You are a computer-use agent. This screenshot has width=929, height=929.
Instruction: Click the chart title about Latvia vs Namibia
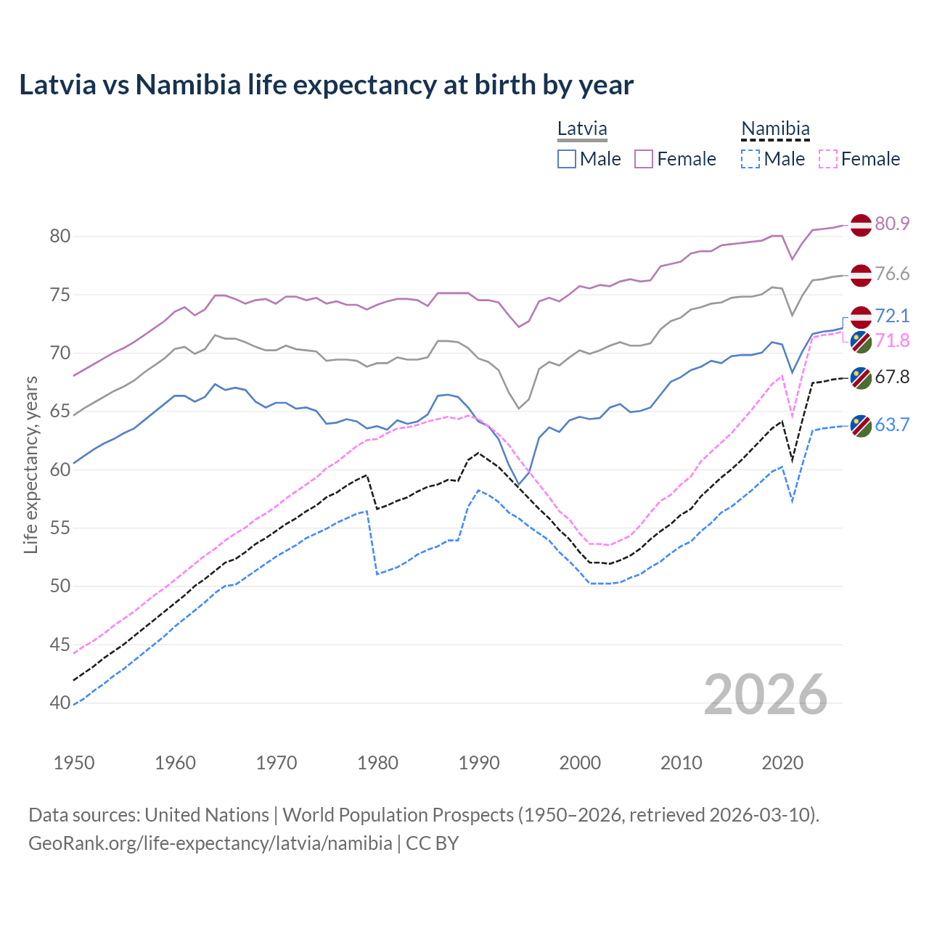pyautogui.click(x=326, y=85)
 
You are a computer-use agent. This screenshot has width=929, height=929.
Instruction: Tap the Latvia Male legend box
pyautogui.click(x=567, y=159)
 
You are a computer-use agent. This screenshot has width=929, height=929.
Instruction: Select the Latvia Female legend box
pyautogui.click(x=644, y=159)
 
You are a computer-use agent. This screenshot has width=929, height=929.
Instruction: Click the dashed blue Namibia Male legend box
pyautogui.click(x=750, y=159)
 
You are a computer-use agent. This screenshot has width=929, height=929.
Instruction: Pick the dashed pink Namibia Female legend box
pyautogui.click(x=827, y=159)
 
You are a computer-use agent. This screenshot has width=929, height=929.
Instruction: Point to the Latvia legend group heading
pyautogui.click(x=582, y=129)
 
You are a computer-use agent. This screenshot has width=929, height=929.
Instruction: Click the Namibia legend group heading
pyautogui.click(x=775, y=129)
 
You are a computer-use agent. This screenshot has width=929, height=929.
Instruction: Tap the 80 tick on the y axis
pyautogui.click(x=60, y=237)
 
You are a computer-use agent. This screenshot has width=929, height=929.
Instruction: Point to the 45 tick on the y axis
pyautogui.click(x=60, y=644)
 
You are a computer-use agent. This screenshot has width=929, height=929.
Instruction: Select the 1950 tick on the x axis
pyautogui.click(x=74, y=763)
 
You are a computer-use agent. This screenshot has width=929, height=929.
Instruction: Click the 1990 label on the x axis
pyautogui.click(x=479, y=763)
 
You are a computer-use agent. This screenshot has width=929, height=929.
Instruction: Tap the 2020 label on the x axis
pyautogui.click(x=782, y=763)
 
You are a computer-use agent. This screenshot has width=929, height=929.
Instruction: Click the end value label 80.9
pyautogui.click(x=892, y=224)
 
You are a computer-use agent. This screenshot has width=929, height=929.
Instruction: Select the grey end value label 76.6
pyautogui.click(x=892, y=274)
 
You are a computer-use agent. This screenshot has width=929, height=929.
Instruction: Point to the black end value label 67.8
pyautogui.click(x=892, y=377)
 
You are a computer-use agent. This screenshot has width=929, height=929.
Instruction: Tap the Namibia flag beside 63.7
pyautogui.click(x=861, y=426)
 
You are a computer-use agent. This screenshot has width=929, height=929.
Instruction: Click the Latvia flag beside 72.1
pyautogui.click(x=861, y=317)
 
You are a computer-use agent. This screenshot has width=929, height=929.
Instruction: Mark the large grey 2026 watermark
pyautogui.click(x=766, y=695)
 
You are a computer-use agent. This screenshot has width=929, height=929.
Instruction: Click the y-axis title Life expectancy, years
pyautogui.click(x=30, y=464)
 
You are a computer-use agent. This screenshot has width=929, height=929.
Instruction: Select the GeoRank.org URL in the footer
pyautogui.click(x=210, y=843)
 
